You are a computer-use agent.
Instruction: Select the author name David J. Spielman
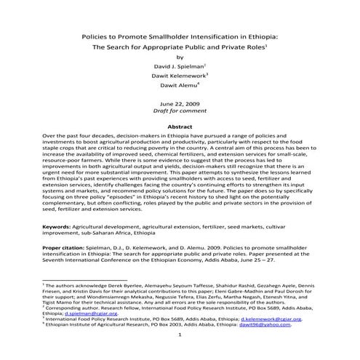(x=179, y=66)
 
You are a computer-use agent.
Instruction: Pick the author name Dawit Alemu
(x=179, y=87)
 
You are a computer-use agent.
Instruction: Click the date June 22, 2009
(x=180, y=105)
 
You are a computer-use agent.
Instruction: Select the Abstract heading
(x=180, y=127)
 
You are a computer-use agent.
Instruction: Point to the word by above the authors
(x=180, y=57)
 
